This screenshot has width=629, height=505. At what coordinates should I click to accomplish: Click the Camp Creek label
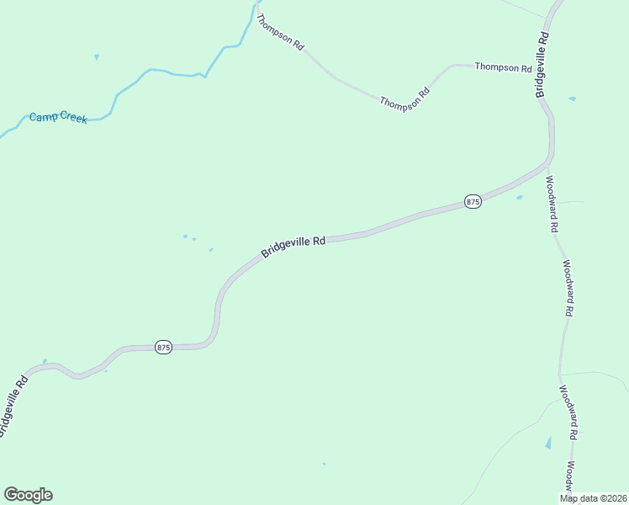pos(58,118)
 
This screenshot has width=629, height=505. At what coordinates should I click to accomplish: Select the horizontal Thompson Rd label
pos(503,66)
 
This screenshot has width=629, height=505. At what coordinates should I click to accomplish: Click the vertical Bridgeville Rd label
pos(543,65)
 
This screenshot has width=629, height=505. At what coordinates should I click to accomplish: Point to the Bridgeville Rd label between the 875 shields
pos(293,247)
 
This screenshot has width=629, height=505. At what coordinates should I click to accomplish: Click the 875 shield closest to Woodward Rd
pos(473,202)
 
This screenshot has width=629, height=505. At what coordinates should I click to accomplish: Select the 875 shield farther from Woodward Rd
pos(163,347)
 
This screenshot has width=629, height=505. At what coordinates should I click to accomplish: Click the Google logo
pos(28,495)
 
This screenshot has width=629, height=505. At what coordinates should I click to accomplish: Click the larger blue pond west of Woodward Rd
pos(549,442)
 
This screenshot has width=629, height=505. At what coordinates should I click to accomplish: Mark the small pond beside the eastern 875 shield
pos(520,198)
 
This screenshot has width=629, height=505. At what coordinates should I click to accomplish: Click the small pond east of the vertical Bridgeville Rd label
pos(572,99)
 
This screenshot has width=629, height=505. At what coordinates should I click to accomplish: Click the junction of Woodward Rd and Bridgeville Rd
pos(548,164)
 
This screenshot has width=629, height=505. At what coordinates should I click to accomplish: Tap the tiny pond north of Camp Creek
pos(97,57)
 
